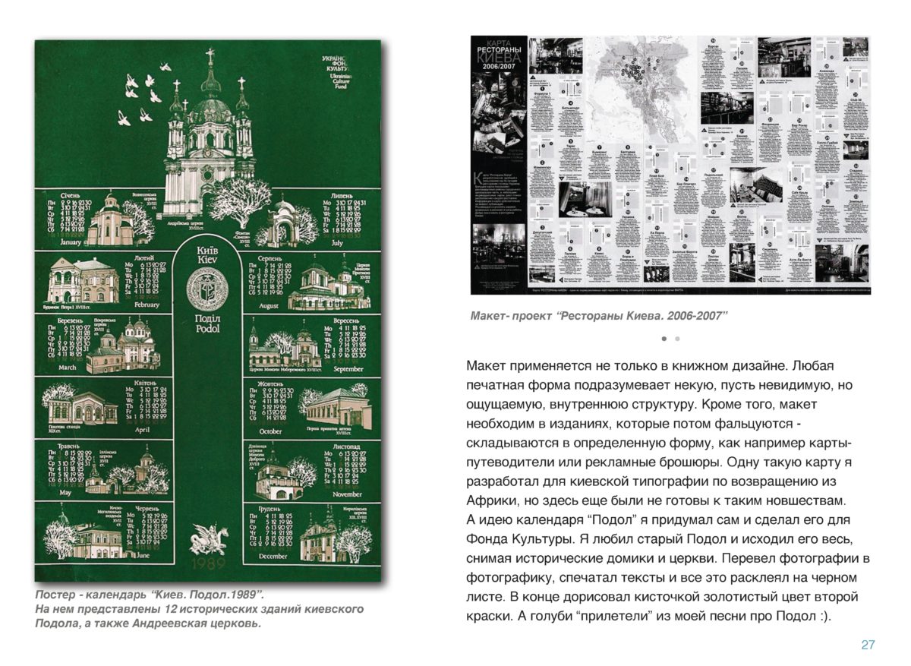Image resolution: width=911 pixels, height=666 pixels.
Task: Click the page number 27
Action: tap(868, 645)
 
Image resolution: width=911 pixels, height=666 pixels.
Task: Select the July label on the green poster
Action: tap(338, 244)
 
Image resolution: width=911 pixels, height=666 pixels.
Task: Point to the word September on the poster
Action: tap(348, 369)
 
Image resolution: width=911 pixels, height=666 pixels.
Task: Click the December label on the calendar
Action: tap(273, 557)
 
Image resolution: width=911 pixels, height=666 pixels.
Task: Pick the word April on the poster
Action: tap(142, 430)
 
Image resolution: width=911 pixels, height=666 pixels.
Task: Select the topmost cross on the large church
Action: tap(209, 57)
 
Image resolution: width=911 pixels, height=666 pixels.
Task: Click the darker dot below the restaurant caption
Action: tap(664, 338)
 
